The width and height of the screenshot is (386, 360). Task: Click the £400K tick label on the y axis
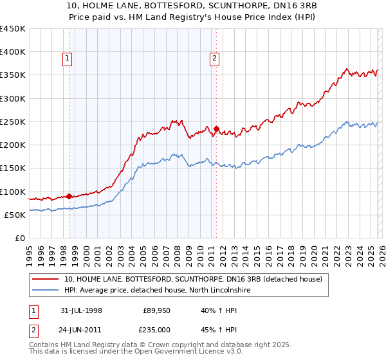13,52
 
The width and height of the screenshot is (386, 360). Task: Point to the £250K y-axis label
13,122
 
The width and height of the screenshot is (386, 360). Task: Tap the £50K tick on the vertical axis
15,215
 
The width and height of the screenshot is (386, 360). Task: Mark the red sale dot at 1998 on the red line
69,196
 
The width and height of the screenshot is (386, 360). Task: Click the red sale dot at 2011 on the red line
216,129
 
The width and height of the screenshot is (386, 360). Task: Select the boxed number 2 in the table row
33,330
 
